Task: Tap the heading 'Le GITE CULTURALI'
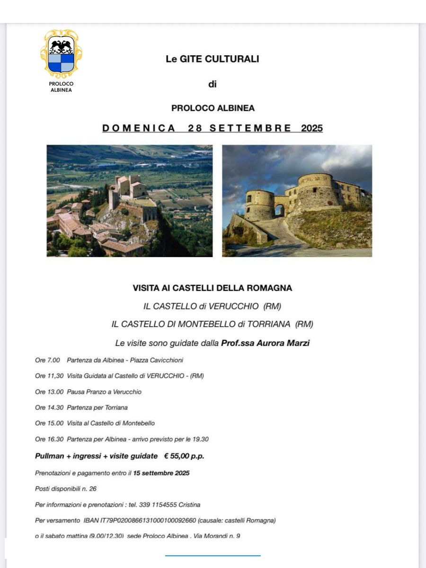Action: pos(212,59)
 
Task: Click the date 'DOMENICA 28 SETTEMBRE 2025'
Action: pos(213,128)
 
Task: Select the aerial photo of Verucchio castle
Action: pos(129,201)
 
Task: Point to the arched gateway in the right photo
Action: pos(280,210)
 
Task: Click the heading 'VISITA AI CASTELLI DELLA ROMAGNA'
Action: pos(213,288)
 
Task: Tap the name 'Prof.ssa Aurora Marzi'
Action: pos(265,343)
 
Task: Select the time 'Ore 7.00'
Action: pos(47,360)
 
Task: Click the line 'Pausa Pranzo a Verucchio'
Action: pos(104,392)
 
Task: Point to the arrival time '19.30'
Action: pos(200,439)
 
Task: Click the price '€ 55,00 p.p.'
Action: pos(184,456)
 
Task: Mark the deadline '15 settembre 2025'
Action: pos(161,473)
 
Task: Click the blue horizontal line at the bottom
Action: pos(213,555)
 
